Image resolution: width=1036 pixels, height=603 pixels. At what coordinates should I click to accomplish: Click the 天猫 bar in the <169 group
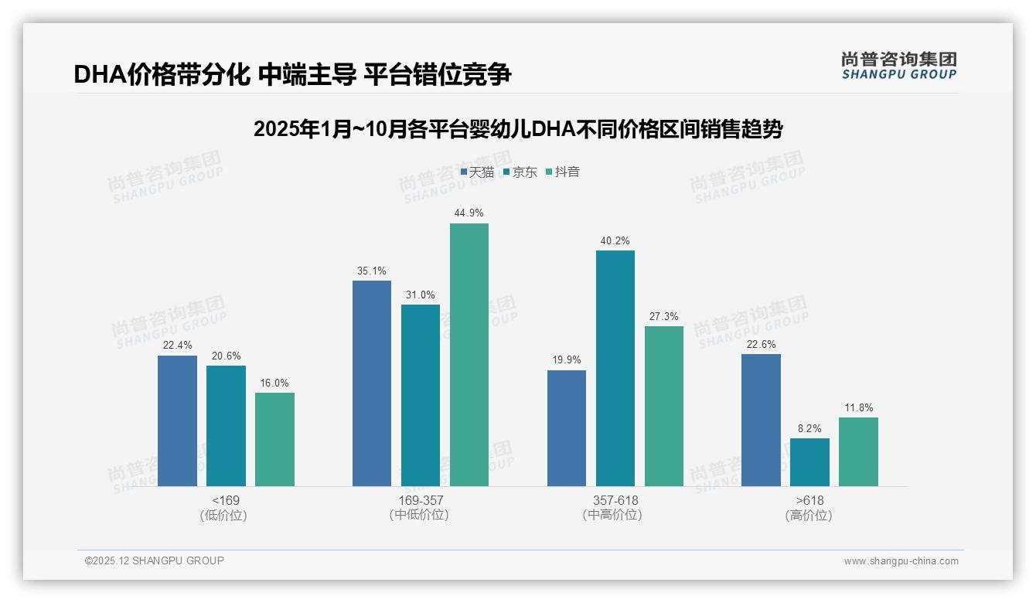(x=177, y=421)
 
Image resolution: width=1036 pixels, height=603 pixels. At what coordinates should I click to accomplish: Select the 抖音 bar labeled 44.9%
(x=469, y=355)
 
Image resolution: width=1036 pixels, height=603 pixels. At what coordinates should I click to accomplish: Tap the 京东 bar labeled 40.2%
(x=615, y=368)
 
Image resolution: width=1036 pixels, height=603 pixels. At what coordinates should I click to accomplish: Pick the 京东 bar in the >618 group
(x=809, y=462)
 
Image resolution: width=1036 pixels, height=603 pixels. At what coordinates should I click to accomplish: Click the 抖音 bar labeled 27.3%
(x=664, y=406)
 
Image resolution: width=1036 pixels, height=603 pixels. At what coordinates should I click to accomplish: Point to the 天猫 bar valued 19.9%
(x=567, y=428)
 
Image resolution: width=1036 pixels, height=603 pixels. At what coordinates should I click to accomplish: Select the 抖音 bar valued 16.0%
(x=274, y=439)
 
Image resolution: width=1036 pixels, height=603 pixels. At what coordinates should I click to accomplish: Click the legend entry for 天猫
(x=477, y=172)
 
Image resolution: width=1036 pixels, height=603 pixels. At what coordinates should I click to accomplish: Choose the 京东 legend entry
(x=520, y=172)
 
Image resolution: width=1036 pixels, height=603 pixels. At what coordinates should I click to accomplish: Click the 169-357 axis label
(x=421, y=501)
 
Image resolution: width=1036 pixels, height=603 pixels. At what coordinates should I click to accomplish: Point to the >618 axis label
(x=809, y=501)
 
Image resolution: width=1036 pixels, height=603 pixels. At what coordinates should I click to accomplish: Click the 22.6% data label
(x=761, y=345)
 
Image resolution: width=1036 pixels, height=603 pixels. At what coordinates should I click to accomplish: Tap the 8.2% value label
(x=809, y=428)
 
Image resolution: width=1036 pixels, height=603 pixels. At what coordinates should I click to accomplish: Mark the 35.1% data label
(x=372, y=271)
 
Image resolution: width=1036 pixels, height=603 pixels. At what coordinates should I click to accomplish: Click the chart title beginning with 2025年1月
(x=518, y=129)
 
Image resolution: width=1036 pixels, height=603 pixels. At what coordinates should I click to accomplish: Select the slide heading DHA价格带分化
(x=292, y=74)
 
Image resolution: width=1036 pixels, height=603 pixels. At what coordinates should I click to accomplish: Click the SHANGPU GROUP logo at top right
(x=898, y=66)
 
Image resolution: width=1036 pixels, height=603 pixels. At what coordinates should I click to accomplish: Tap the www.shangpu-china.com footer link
(x=901, y=561)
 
